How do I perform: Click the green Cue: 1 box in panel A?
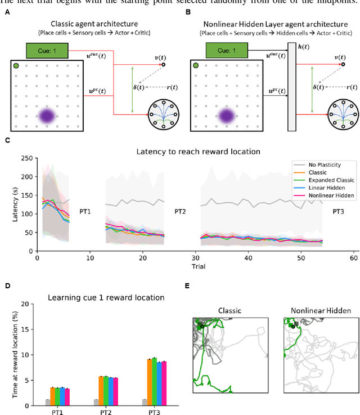click(47, 52)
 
